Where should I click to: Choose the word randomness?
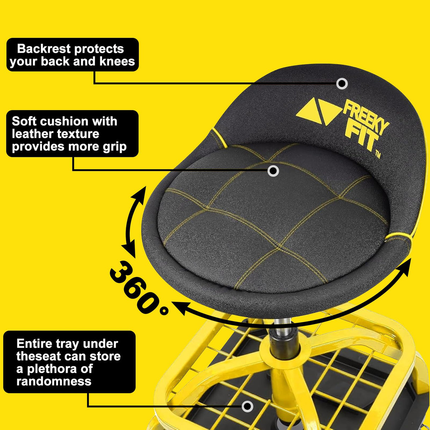(x=54, y=381)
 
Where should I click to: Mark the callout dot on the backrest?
(x=342, y=84)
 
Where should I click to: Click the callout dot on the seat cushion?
(x=273, y=171)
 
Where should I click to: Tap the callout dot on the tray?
(x=248, y=406)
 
